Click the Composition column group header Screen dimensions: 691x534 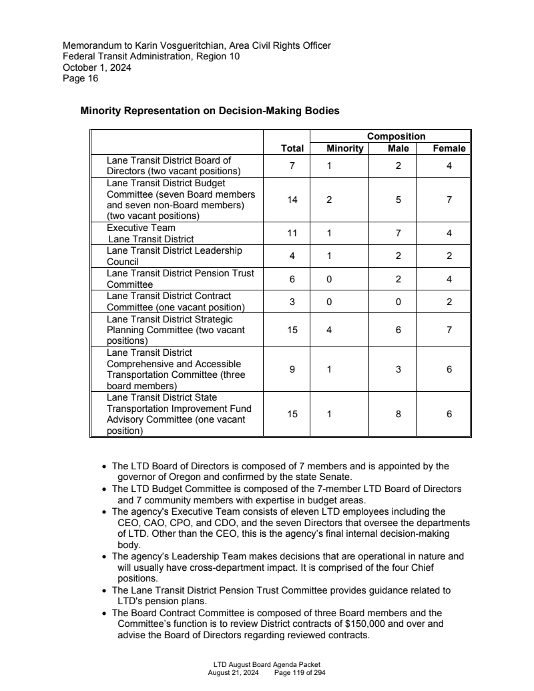click(396, 136)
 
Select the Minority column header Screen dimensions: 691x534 click(344, 148)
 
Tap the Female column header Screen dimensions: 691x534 click(449, 148)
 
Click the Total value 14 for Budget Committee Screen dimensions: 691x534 click(292, 199)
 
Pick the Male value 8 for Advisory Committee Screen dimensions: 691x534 click(398, 414)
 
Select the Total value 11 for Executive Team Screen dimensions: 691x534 click(292, 233)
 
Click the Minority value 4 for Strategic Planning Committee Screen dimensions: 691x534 click(329, 330)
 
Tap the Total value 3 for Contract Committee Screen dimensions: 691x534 click(292, 302)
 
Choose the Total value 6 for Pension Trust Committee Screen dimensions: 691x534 click(292, 279)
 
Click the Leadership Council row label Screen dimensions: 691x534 click(174, 256)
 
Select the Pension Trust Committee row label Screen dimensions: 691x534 click(180, 278)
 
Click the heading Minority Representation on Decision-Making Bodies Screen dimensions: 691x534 click(210, 111)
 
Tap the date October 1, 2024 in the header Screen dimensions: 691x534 click(97, 67)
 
